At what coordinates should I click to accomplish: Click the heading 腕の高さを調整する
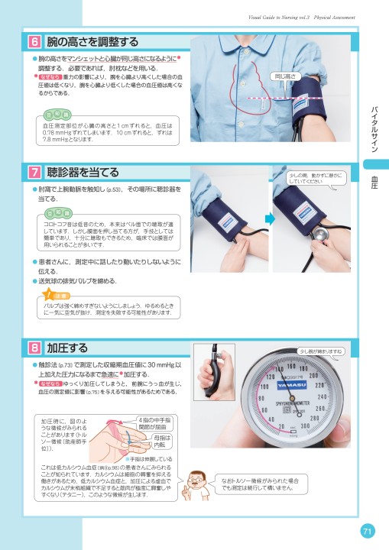click(92, 41)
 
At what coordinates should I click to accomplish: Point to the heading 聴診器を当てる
click(83, 171)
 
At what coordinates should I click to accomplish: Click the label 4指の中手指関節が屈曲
click(157, 423)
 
